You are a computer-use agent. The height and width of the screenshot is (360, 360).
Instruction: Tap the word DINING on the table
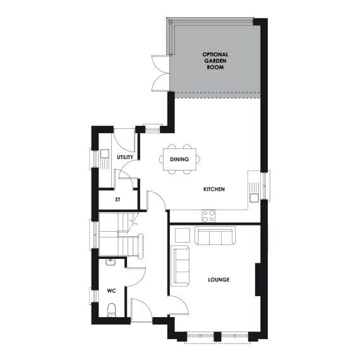[179, 159]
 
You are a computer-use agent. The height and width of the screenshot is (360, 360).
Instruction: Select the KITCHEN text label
[214, 189]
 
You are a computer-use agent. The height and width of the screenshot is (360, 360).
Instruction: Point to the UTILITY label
[124, 157]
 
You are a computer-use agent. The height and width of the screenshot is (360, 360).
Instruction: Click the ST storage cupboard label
[117, 200]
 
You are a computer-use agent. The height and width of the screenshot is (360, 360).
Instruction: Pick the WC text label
[111, 291]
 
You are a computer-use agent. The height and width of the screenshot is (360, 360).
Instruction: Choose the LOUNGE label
[219, 279]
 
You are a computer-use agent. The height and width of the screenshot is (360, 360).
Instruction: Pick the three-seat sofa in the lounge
[215, 236]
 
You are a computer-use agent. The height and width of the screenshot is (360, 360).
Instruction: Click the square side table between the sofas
[181, 236]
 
